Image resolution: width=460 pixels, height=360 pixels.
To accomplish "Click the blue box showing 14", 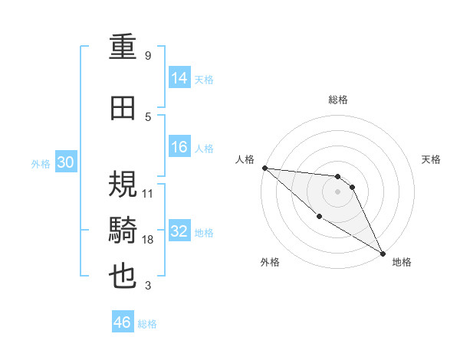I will [x=179, y=78].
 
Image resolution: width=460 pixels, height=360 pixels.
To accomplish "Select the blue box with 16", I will [x=179, y=148].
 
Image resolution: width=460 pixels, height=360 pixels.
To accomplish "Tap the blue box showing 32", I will [x=179, y=232].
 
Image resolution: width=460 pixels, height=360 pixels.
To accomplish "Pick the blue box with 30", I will [x=65, y=163].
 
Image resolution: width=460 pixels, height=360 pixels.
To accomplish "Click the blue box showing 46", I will [x=123, y=322].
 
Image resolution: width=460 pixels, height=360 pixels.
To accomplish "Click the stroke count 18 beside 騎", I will [x=148, y=241].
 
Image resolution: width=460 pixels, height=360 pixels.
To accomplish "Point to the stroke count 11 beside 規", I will [x=148, y=193].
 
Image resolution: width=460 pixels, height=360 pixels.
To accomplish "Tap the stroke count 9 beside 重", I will [x=147, y=56].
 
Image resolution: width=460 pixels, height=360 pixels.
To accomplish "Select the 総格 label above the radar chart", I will [x=338, y=100].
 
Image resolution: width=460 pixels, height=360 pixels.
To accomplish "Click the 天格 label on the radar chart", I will [x=431, y=159].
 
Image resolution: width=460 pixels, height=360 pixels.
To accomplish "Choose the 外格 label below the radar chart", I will [x=269, y=262].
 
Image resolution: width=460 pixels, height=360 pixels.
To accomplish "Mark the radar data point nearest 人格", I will [x=264, y=168].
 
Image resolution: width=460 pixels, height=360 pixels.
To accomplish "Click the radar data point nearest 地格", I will [x=383, y=253].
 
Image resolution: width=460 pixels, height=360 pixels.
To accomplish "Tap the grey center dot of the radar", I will [x=337, y=191].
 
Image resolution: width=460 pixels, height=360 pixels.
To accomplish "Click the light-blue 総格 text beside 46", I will [x=148, y=324].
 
